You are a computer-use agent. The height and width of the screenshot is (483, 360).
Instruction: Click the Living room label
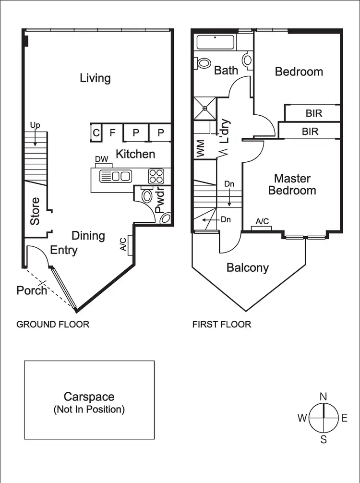tap(95, 78)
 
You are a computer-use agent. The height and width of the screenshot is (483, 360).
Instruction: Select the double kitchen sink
tap(116, 176)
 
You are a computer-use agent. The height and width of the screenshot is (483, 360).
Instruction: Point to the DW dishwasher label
tap(102, 159)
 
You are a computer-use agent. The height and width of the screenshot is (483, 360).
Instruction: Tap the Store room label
tap(35, 211)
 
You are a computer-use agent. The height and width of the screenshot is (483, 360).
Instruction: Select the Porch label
tap(32, 290)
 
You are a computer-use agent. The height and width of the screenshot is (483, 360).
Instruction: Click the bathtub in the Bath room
tap(215, 42)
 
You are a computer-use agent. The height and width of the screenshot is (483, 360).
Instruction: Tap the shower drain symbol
tap(205, 108)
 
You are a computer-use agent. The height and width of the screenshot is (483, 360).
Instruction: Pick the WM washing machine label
tap(201, 148)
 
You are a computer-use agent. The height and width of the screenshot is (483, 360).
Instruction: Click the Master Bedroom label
tap(292, 184)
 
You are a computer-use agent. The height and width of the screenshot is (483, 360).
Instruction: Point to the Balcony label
tap(248, 268)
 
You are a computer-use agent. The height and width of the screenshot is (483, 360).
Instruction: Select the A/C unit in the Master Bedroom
tap(262, 228)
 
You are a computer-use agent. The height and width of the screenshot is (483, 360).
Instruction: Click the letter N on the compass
tap(324, 397)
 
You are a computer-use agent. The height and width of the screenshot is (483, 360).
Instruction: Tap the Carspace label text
tap(89, 397)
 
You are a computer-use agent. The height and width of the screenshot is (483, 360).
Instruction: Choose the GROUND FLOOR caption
tap(53, 325)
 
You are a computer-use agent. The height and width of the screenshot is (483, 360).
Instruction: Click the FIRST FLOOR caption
tap(222, 325)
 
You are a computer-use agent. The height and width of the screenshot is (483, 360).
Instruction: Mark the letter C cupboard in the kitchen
tap(96, 133)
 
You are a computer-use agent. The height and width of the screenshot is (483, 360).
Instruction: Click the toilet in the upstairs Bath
tap(203, 63)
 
